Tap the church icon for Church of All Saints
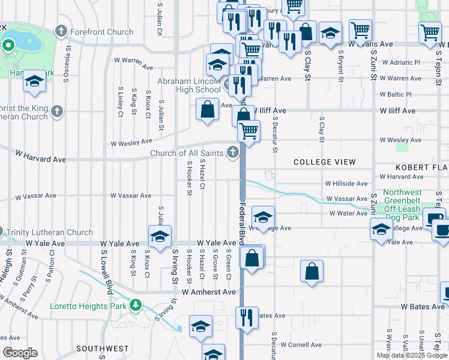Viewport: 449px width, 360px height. click(x=233, y=154)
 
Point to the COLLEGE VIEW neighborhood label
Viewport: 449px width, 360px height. click(x=324, y=162)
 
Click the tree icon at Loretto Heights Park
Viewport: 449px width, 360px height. click(x=136, y=305)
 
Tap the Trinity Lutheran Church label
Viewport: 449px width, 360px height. click(x=50, y=232)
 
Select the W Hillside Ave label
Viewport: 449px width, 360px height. click(x=346, y=184)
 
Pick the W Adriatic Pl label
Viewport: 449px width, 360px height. click(x=400, y=62)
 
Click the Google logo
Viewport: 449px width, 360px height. click(x=20, y=352)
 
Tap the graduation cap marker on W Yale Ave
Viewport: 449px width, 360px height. click(x=160, y=236)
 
